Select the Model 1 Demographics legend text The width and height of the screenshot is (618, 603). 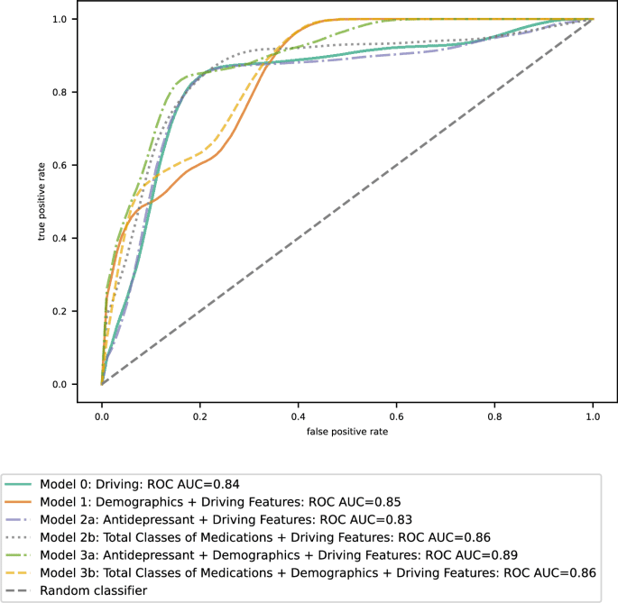click(219, 501)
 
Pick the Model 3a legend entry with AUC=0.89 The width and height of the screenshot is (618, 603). click(280, 555)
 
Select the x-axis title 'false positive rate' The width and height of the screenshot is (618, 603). click(346, 432)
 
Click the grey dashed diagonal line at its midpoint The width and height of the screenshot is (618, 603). click(347, 202)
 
